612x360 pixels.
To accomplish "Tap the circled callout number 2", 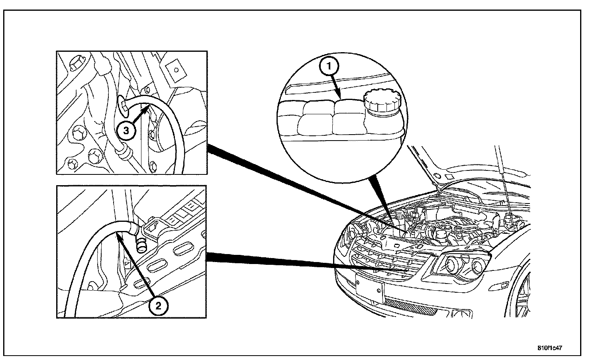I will click(158, 306).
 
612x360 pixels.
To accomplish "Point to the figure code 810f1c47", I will click(550, 348).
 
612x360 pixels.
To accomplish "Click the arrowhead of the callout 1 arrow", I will click(339, 96).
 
